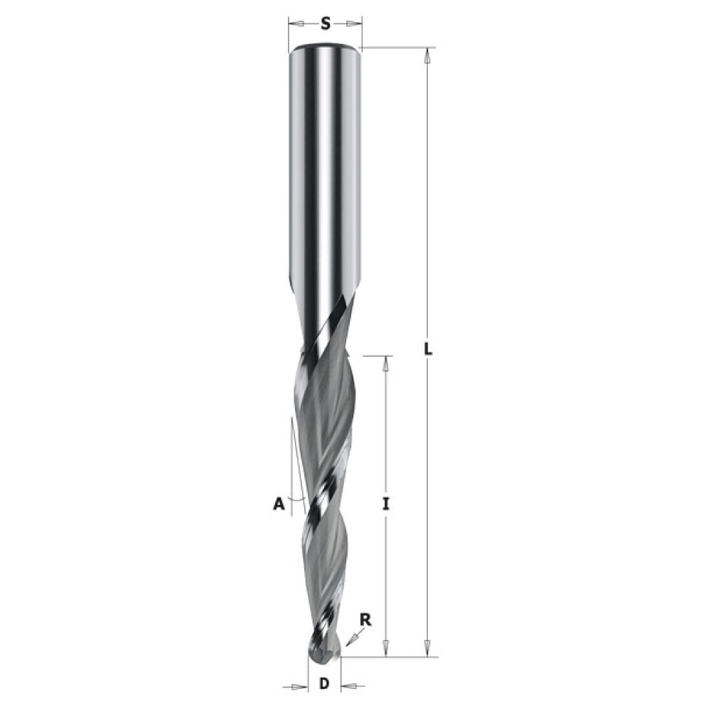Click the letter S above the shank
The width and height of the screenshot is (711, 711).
326,23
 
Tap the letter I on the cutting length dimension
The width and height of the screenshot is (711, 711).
386,504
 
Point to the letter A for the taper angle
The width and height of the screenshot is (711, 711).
279,503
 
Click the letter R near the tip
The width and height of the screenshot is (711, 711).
365,619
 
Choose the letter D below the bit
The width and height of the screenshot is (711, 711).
324,685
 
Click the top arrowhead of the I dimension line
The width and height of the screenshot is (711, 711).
386,363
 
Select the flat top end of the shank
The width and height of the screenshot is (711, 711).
325,48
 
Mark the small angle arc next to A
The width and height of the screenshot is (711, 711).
296,499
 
